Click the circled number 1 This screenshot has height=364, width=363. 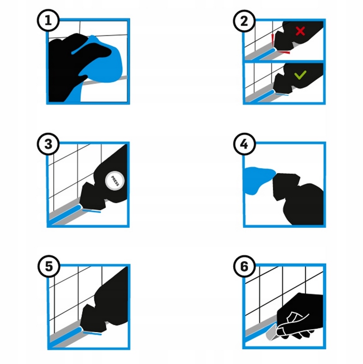(x=48, y=20)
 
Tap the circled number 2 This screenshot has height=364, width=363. (x=244, y=21)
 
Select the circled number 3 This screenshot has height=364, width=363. (x=48, y=144)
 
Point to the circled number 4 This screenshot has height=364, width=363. (x=244, y=144)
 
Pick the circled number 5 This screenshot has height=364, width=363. (x=49, y=266)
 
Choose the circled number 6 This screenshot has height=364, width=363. (x=244, y=266)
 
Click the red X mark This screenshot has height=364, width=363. (x=300, y=31)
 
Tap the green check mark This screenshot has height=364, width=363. (x=300, y=75)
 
